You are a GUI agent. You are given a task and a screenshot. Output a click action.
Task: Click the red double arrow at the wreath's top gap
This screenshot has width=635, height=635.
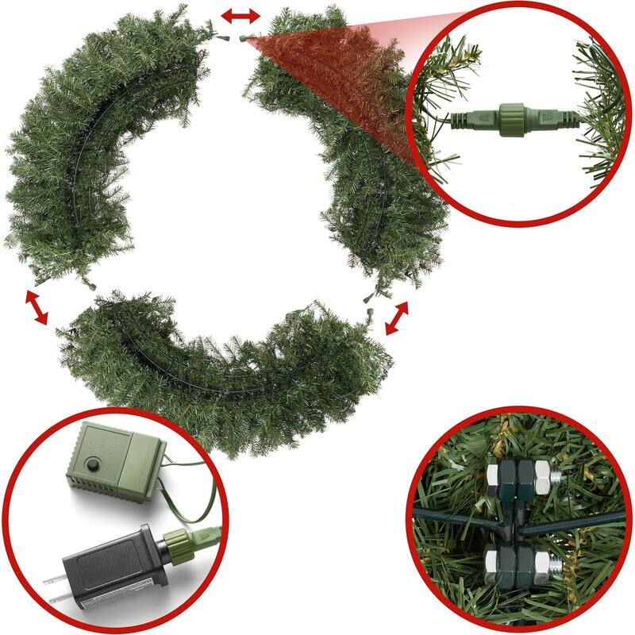[x=240, y=16]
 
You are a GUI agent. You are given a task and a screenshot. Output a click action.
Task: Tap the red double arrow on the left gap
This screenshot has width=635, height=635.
[x=36, y=308]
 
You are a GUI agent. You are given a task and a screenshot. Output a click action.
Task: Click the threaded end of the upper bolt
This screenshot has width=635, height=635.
[x=554, y=476]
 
